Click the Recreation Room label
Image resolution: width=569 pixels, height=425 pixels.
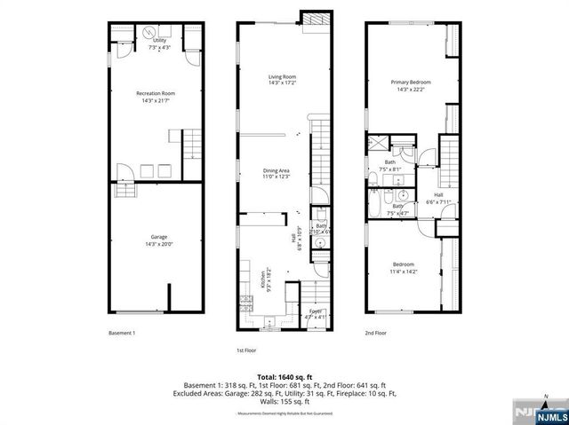155,96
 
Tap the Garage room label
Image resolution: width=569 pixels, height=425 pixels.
155,240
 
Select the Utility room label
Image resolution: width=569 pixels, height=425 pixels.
159,43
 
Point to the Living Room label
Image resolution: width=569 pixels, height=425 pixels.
282,80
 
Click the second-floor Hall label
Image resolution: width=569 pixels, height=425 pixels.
438,198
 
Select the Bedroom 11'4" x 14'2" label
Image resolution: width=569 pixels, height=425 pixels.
404,268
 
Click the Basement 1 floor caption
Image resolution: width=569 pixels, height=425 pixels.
122,333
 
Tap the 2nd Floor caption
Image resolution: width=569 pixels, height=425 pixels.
376,333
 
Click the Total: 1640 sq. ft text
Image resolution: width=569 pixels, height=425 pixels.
284,377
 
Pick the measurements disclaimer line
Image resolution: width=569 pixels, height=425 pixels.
284,414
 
